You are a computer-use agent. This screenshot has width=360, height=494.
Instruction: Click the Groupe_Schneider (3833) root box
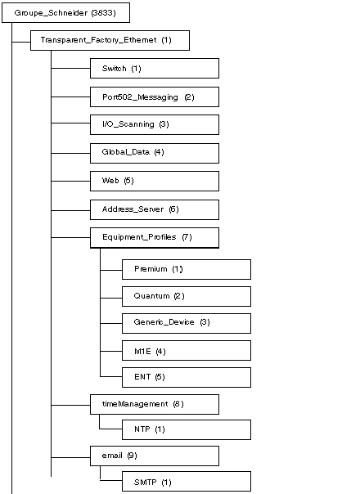tap(66, 12)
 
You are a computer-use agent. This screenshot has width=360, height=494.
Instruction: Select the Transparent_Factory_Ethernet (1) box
tap(110, 40)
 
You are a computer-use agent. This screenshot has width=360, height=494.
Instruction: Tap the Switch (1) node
tap(155, 69)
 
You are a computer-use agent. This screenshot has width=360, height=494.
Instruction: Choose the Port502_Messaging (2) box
tap(155, 97)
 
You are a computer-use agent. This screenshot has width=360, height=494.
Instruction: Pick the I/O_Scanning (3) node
tap(155, 125)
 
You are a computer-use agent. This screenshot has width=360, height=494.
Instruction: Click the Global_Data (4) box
tap(155, 153)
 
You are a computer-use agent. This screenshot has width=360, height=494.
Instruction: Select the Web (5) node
tap(155, 181)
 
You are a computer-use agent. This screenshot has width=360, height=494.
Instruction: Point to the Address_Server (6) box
tap(155, 210)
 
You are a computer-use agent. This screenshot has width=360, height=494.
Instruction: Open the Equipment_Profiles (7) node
tap(155, 238)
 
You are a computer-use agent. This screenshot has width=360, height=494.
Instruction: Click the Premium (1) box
tap(187, 269)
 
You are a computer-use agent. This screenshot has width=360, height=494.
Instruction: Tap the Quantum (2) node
tap(187, 296)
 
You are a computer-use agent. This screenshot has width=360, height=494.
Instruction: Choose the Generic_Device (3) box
tap(187, 323)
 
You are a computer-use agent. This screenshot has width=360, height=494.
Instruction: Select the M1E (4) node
tap(187, 350)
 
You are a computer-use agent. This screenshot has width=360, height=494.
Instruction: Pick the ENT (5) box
tap(187, 377)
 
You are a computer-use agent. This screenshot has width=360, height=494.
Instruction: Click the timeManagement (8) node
tap(155, 404)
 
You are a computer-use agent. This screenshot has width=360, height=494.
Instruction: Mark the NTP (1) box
tap(187, 429)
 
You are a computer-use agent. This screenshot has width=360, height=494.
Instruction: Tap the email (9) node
tap(155, 456)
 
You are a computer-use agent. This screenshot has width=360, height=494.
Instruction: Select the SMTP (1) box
tap(187, 482)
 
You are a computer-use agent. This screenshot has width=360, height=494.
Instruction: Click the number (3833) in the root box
tap(103, 13)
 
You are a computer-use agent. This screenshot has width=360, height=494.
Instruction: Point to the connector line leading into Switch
tap(70, 68)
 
